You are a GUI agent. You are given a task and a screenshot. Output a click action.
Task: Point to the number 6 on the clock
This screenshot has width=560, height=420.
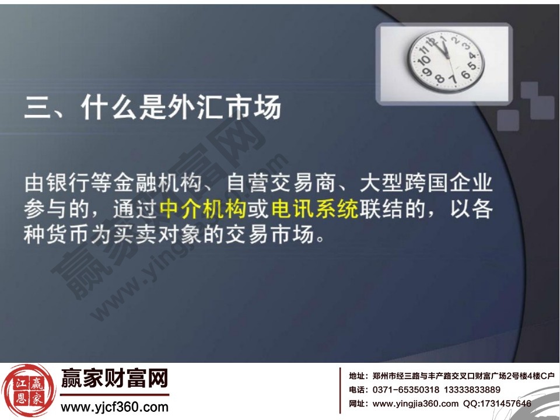tap(466, 75)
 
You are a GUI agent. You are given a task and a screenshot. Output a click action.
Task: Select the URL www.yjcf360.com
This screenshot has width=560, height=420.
tap(114, 407)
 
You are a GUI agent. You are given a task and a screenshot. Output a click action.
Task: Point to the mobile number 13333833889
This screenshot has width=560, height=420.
tap(472, 390)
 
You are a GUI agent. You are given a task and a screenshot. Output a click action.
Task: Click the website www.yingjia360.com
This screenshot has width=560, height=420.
tap(415, 403)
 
